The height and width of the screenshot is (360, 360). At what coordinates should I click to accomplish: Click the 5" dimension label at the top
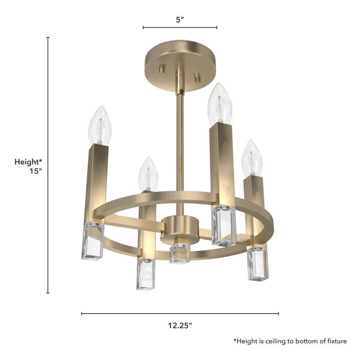tap(180, 20)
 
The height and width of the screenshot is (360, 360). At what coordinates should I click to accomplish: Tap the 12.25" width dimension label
tap(180, 325)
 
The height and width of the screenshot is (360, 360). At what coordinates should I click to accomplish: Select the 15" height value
tap(36, 171)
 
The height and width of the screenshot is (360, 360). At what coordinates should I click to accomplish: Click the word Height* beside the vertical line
tap(28, 162)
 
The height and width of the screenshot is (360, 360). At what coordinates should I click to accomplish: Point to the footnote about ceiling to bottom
tap(290, 341)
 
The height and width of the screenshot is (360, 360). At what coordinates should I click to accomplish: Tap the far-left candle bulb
tap(100, 125)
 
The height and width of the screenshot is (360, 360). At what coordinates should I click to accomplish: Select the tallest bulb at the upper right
tap(220, 104)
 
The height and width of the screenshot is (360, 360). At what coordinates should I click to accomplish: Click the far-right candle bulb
tap(252, 158)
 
